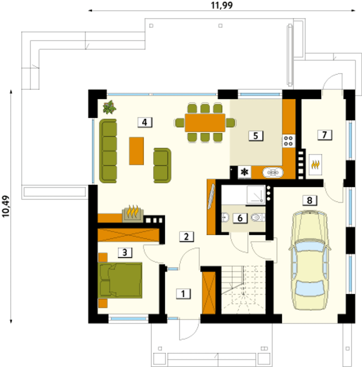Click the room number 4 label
click(x=145, y=122)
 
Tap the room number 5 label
click(x=256, y=136)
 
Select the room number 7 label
click(x=325, y=135)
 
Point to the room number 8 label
click(x=310, y=200)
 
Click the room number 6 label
click(x=240, y=218)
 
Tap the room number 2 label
click(x=187, y=237)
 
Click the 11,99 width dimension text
click(x=222, y=5)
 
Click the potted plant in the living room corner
click(x=109, y=108)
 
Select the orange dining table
click(x=205, y=123)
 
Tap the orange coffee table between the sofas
click(x=136, y=151)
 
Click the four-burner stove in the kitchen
click(x=288, y=141)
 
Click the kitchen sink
click(x=273, y=173)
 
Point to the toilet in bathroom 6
click(x=257, y=217)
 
